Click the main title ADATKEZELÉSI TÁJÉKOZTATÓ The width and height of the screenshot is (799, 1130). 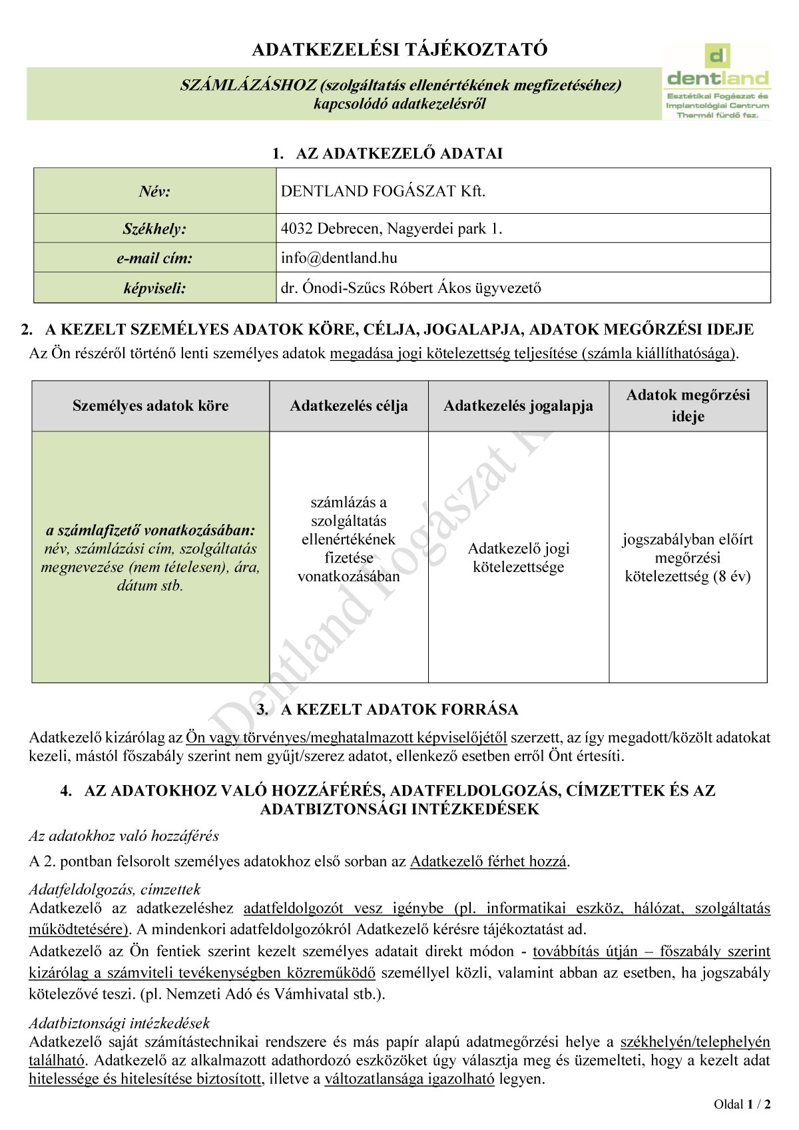[x=400, y=49]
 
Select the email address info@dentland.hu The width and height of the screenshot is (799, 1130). [x=339, y=258]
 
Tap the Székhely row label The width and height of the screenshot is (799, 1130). [x=154, y=229]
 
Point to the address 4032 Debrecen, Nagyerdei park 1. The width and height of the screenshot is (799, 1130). [x=392, y=228]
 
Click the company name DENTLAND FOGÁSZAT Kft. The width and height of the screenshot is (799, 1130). [x=383, y=191]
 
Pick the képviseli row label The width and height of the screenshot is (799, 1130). [x=154, y=288]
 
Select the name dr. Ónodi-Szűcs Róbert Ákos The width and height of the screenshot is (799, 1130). [x=378, y=288]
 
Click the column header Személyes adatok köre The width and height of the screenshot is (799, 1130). [x=150, y=406]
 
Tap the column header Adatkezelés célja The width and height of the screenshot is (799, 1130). [x=349, y=406]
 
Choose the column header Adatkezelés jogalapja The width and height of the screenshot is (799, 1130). [x=518, y=406]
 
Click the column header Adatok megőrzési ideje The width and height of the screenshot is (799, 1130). [x=688, y=406]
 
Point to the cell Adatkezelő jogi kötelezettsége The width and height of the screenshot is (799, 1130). [x=518, y=557]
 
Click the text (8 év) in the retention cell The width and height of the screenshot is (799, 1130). [x=732, y=577]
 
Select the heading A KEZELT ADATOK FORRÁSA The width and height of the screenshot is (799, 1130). [x=399, y=710]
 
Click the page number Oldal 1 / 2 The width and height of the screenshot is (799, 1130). [x=742, y=1105]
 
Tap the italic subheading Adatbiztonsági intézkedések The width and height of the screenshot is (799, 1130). [x=119, y=1023]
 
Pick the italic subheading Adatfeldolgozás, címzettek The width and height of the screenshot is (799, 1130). [x=115, y=890]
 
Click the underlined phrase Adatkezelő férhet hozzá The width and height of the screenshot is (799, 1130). [x=488, y=862]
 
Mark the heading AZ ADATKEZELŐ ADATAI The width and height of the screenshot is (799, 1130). [x=399, y=154]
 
